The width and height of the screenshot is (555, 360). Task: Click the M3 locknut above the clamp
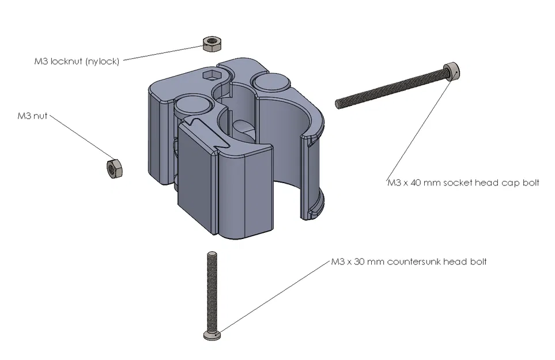tap(212, 43)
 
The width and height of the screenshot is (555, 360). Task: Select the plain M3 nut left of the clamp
tap(112, 168)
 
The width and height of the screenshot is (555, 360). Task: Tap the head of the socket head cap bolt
tap(452, 71)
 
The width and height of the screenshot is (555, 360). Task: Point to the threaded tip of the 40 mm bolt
tap(339, 104)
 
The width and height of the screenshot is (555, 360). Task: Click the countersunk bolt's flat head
tap(212, 335)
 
